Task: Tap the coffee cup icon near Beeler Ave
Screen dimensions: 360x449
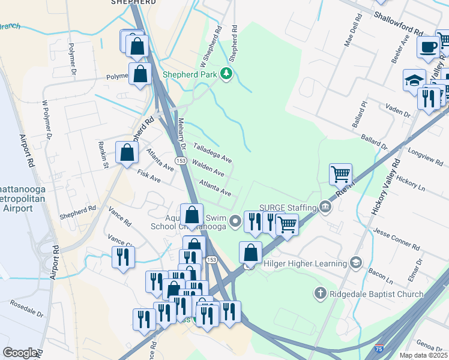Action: coord(428,47)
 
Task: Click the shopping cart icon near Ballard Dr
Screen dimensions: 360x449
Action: coord(340,174)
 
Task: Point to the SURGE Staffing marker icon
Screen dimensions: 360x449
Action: coord(325,208)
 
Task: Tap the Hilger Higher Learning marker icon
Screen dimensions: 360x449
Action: coord(356,263)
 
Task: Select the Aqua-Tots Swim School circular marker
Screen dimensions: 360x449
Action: coord(235,222)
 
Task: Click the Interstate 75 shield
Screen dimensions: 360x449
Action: coord(379,347)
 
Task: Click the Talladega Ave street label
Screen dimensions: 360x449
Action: coord(212,153)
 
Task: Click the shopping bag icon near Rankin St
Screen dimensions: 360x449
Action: coord(127,152)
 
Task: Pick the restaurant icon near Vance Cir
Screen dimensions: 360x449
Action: coord(123,257)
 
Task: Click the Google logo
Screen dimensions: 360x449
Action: coord(20,353)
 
